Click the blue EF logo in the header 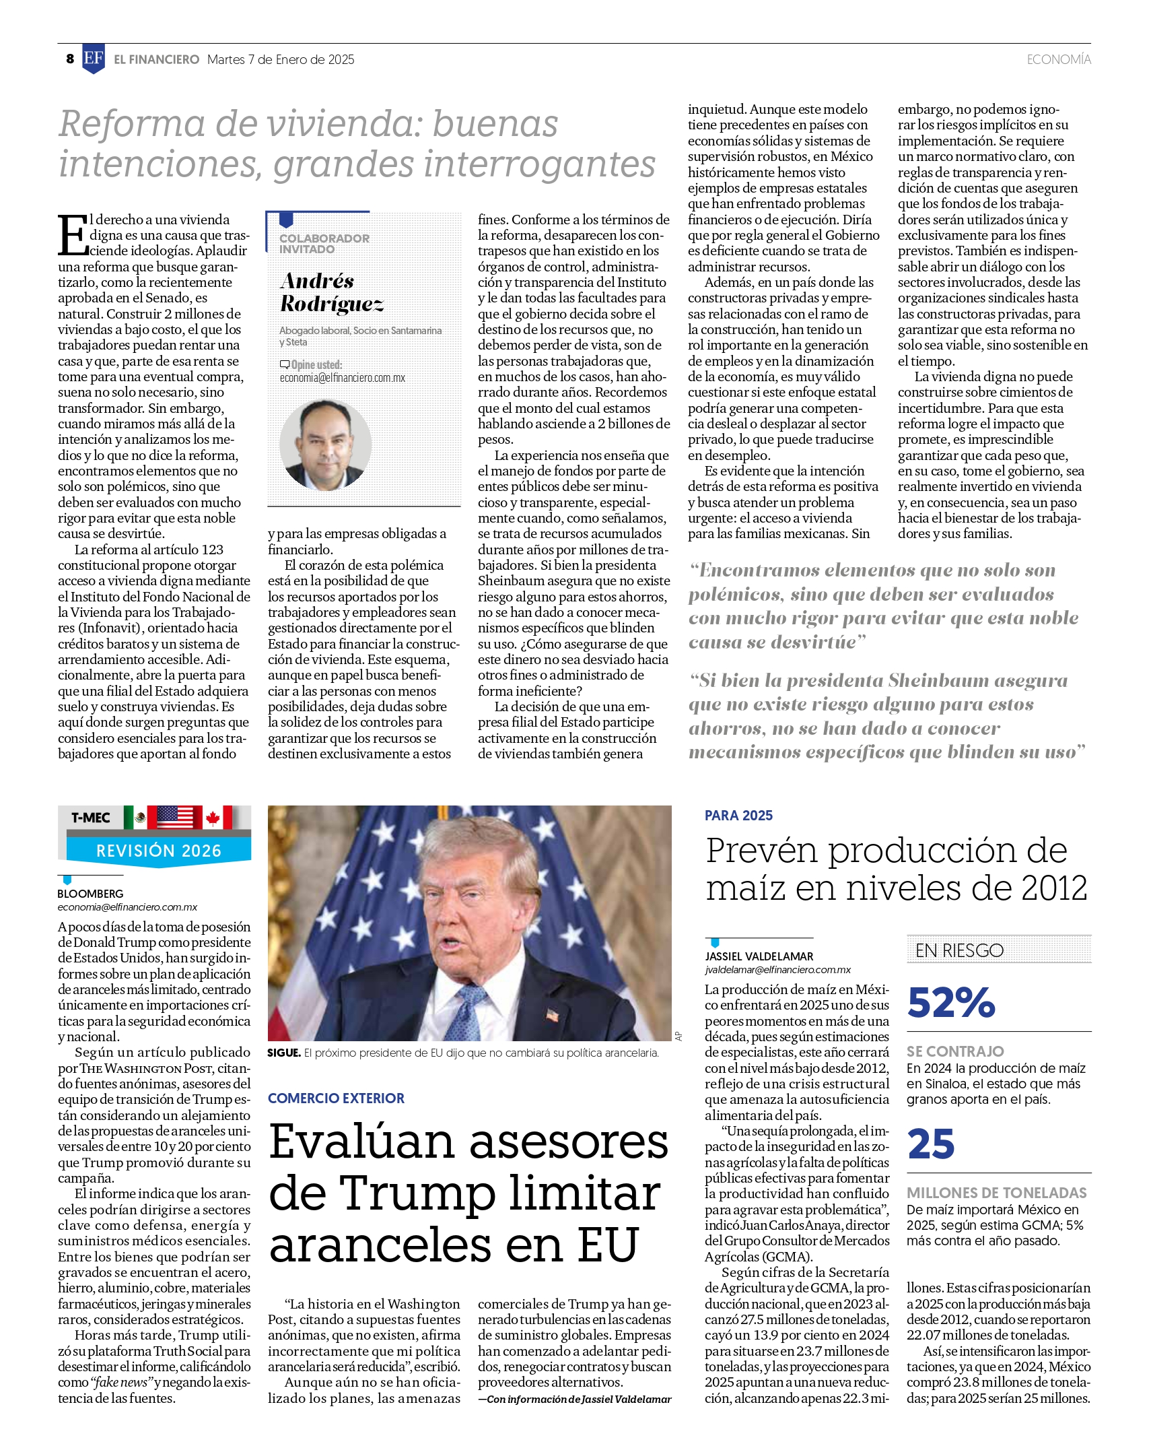[93, 59]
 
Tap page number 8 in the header [70, 59]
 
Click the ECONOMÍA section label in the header [1058, 60]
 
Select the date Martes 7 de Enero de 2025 [281, 60]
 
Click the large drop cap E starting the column [73, 236]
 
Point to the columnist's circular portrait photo [325, 445]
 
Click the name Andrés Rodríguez [331, 292]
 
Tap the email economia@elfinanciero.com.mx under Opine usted [343, 378]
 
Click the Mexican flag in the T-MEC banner [139, 818]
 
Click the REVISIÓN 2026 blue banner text [159, 851]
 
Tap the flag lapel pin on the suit [553, 1013]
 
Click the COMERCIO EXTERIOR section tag [336, 1098]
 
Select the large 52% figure [951, 1003]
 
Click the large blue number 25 [931, 1144]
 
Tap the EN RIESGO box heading [959, 950]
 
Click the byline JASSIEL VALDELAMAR [759, 956]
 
